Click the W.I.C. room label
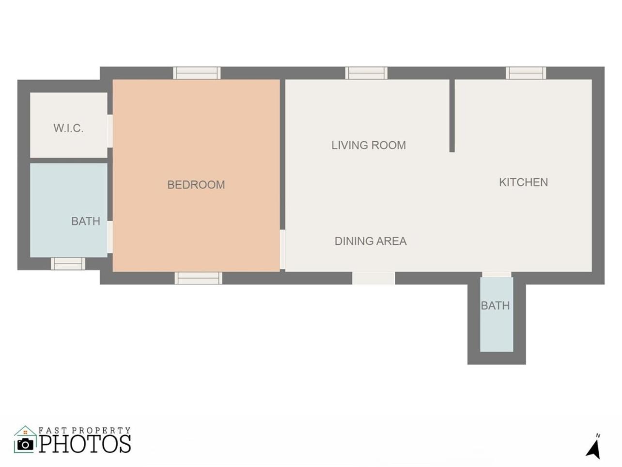point(69,128)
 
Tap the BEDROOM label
point(196,185)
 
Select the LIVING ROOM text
point(369,145)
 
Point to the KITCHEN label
point(523,182)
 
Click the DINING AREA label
point(371,241)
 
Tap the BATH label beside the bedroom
point(86,221)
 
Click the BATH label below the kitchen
point(496,306)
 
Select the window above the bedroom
point(197,73)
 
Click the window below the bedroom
point(198,278)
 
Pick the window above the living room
point(366,73)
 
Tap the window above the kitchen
point(526,73)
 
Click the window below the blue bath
point(68,264)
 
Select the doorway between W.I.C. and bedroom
point(110,131)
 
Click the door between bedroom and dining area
point(282,249)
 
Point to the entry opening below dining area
point(373,278)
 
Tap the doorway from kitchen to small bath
point(497,274)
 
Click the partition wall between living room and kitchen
point(452,116)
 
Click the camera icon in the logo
point(25,444)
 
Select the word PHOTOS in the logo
point(85,444)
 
